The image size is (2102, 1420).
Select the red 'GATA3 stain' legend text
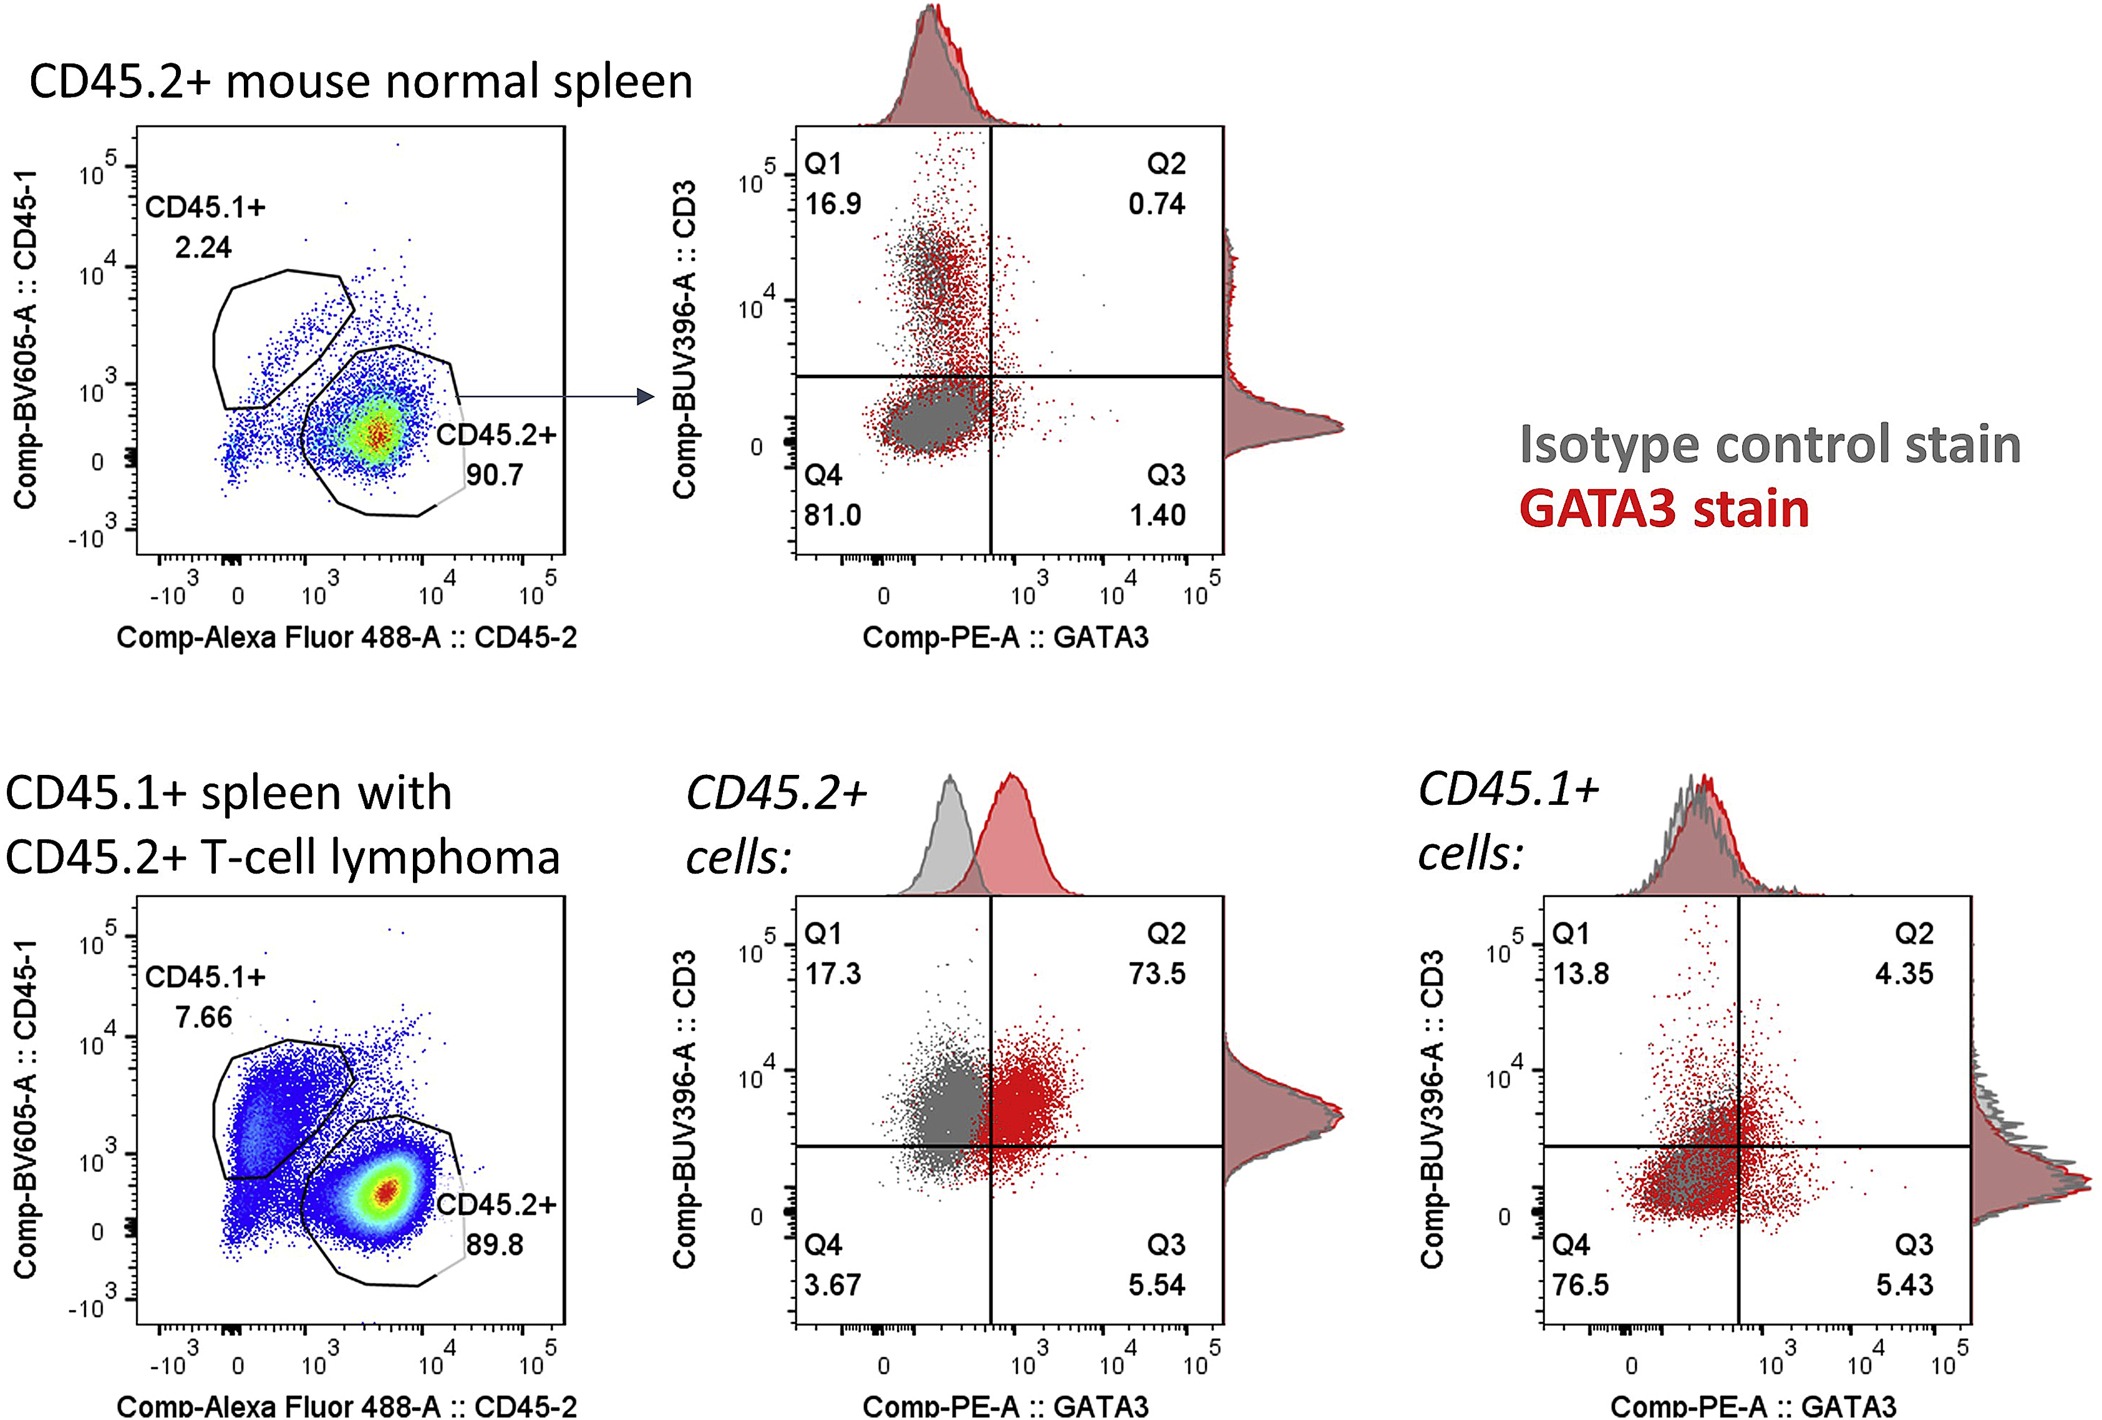point(1664,509)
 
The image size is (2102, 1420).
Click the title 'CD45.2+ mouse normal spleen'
point(361,81)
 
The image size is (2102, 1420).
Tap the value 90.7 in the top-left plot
point(495,475)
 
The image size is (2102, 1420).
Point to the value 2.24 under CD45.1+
point(203,247)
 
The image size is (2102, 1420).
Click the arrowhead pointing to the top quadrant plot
point(645,396)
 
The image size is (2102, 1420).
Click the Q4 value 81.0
point(833,515)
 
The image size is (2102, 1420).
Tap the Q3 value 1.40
point(1157,515)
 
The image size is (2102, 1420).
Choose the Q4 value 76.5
point(1581,1285)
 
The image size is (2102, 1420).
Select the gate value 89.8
point(495,1245)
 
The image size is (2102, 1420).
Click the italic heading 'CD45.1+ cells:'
point(1508,820)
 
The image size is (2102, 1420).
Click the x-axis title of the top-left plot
point(346,638)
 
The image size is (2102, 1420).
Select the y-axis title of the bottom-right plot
point(1431,1109)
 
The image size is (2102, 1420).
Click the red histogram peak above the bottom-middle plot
point(1012,780)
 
